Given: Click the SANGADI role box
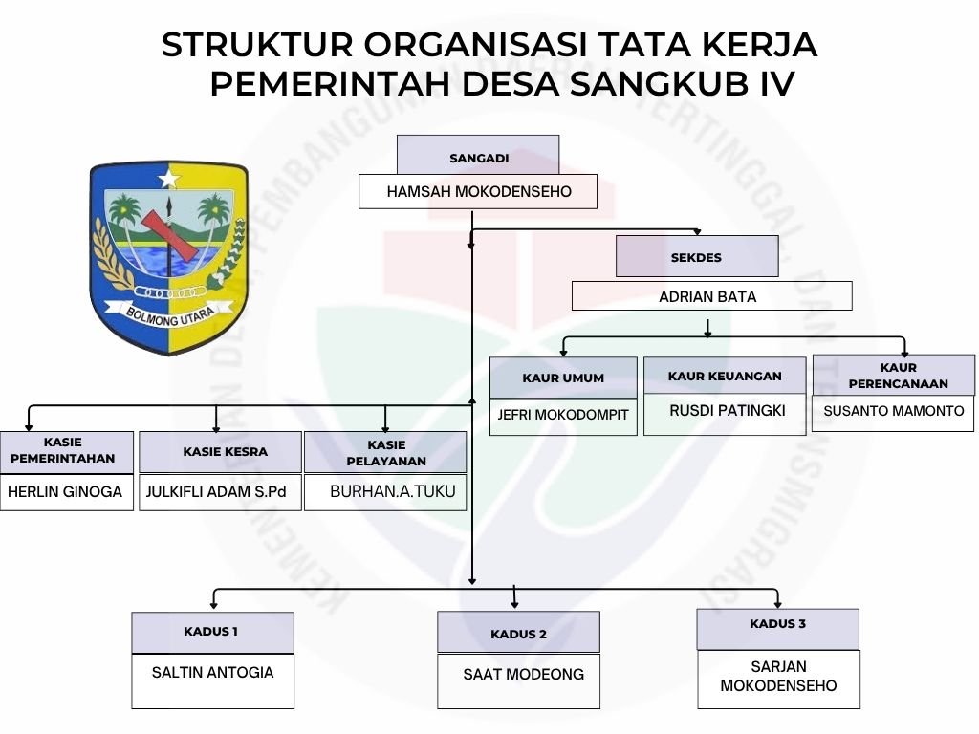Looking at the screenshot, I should [x=478, y=156].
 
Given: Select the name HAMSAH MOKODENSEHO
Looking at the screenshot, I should [x=478, y=192].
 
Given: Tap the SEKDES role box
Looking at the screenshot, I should [x=696, y=256].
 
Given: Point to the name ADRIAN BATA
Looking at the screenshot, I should [x=707, y=296].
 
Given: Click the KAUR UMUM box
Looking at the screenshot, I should [x=563, y=378].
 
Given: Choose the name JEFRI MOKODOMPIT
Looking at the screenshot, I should [x=563, y=416].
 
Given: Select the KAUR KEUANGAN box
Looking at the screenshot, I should [x=725, y=376].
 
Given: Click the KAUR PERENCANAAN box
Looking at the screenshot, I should [x=894, y=375].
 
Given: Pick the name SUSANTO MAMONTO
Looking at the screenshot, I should [x=894, y=412].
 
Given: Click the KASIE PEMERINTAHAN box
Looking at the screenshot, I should [x=66, y=451].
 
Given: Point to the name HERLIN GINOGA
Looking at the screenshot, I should [x=66, y=492].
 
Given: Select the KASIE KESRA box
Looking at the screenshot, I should [x=220, y=451].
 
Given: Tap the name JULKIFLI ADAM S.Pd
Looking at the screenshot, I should [x=219, y=492].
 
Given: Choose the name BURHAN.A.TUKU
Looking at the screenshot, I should [x=392, y=492].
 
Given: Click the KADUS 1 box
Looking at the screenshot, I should [x=212, y=632].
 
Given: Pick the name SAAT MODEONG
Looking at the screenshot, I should [x=523, y=675].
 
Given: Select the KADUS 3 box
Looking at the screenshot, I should [x=777, y=628].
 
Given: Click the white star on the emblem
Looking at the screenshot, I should [x=168, y=178].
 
